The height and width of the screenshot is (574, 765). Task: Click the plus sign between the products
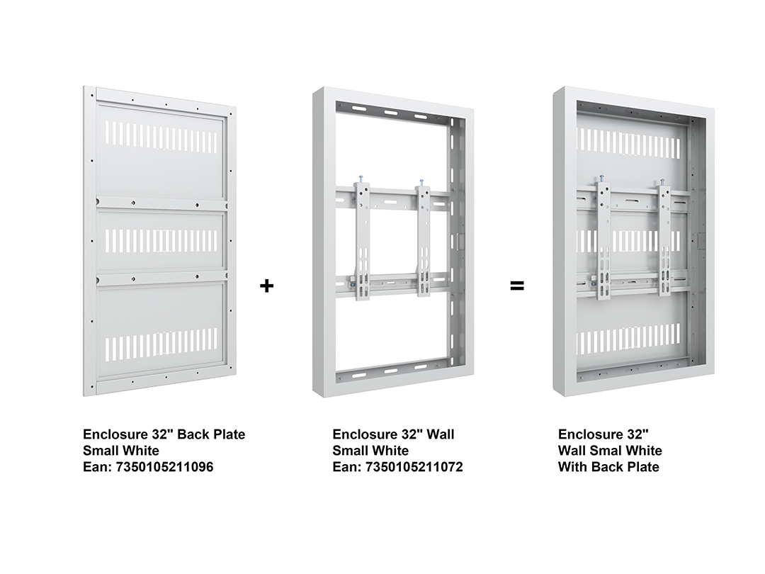266,286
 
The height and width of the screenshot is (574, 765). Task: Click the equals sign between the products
516,286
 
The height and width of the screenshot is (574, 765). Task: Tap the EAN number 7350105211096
164,467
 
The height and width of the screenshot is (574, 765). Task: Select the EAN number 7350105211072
414,467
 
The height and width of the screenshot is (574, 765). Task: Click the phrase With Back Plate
608,467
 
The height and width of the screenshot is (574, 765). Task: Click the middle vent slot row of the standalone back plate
161,240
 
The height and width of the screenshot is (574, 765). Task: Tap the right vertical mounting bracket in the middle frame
423,240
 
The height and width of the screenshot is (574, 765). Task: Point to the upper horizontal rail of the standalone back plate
161,203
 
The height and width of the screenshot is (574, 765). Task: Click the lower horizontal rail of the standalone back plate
161,278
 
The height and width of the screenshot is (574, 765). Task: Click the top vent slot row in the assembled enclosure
628,140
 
